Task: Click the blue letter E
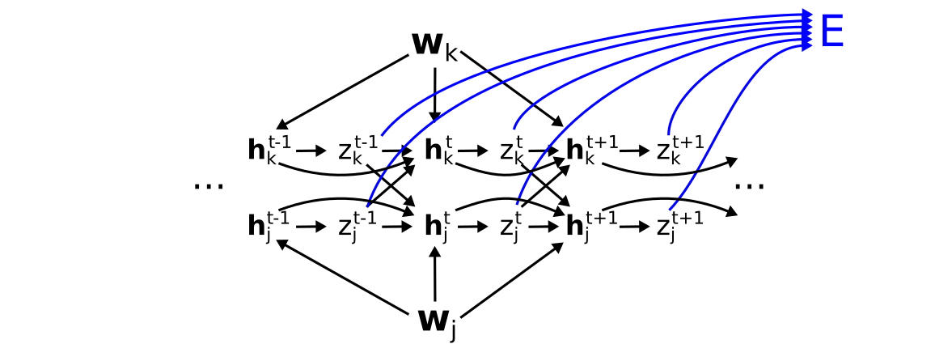tap(831, 32)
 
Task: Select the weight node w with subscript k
tap(434, 46)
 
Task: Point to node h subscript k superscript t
tap(438, 151)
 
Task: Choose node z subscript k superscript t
tap(511, 150)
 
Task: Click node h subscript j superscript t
tap(437, 227)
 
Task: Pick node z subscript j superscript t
tap(510, 227)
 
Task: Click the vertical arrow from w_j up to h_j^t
tap(435, 274)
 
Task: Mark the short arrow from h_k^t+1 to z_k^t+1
tap(635, 151)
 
